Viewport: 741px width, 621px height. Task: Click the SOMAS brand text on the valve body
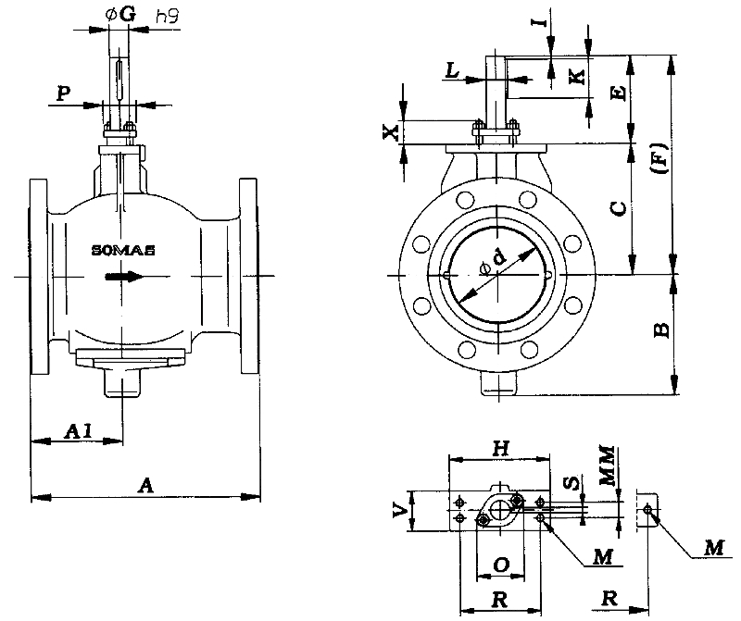(x=124, y=250)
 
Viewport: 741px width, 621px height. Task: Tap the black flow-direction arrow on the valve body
(x=123, y=276)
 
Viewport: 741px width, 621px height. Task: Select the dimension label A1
(x=79, y=430)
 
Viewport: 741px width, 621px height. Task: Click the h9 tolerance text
(x=168, y=16)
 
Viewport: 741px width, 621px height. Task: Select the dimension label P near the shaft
(x=63, y=93)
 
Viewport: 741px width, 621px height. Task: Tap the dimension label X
(x=391, y=132)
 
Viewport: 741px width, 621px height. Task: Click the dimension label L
(x=451, y=69)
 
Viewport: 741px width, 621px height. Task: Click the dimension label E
(x=619, y=91)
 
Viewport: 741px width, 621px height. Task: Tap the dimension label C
(x=618, y=209)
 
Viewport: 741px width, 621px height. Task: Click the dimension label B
(x=659, y=329)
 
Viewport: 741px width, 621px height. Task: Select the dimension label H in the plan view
(x=499, y=448)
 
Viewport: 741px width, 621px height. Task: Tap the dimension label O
(x=499, y=564)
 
